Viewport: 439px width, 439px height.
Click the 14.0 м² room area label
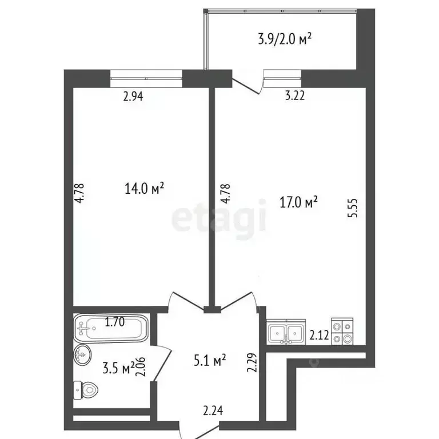tap(144, 189)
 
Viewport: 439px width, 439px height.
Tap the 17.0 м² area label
tap(299, 202)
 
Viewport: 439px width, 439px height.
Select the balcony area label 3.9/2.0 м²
tap(285, 39)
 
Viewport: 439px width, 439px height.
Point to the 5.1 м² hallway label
tap(210, 360)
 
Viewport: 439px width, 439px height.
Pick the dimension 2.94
tap(133, 96)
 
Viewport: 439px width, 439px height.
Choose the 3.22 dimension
tap(295, 96)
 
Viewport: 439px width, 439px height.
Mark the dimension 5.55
tap(353, 208)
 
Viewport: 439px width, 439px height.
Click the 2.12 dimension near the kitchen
tap(319, 335)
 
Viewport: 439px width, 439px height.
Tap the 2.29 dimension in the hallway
tap(252, 362)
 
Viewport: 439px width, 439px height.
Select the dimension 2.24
tap(213, 411)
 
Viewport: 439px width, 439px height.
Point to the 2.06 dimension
tap(141, 366)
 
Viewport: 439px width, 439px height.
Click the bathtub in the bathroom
tap(110, 328)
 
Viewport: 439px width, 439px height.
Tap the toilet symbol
tap(86, 390)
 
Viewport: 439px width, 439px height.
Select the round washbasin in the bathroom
tap(82, 354)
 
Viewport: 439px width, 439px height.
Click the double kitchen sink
tap(286, 332)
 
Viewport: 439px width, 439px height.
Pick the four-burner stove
tap(342, 332)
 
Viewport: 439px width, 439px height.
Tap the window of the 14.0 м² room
tap(146, 79)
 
